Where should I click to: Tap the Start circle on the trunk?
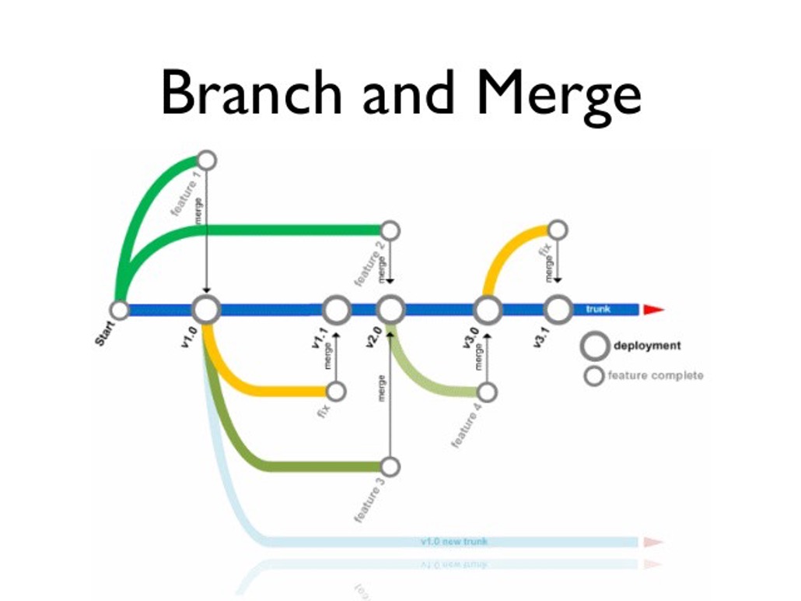120,310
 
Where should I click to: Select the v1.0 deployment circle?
206,310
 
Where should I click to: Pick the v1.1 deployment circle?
337,310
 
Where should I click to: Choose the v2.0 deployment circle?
390,310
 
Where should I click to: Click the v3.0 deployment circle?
488,310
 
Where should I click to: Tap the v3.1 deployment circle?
558,310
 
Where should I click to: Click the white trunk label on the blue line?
598,309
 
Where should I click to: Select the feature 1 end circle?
206,160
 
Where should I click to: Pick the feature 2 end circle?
390,230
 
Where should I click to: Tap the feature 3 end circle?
390,466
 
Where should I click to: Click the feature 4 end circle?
488,392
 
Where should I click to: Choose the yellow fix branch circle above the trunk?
558,230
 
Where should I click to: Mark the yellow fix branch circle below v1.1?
337,392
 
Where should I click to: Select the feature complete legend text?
655,376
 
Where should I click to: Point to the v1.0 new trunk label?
454,541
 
